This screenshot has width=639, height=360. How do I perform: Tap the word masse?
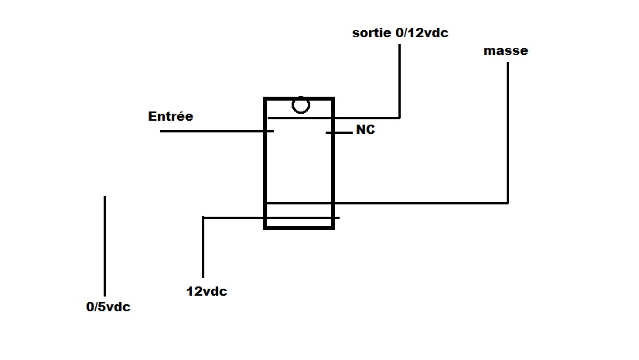click(506, 51)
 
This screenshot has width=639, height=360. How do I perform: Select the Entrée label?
click(170, 117)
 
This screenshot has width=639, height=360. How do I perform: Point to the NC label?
click(365, 130)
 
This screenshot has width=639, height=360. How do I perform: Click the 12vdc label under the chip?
click(207, 292)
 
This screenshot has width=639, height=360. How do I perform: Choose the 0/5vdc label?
click(108, 307)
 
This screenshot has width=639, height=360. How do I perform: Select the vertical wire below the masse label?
click(508, 132)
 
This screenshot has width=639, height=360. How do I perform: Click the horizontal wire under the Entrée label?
click(217, 132)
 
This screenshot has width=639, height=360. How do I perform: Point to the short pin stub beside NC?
click(339, 133)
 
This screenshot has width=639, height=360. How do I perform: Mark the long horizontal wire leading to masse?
click(422, 203)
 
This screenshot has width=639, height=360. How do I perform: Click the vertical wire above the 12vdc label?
click(203, 248)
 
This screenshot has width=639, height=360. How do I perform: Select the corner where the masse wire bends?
click(508, 203)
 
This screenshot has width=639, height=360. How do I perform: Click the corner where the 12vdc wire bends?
click(203, 218)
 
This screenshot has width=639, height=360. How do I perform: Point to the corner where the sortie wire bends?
click(400, 118)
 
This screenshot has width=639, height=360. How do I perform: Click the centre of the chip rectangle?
click(299, 163)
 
